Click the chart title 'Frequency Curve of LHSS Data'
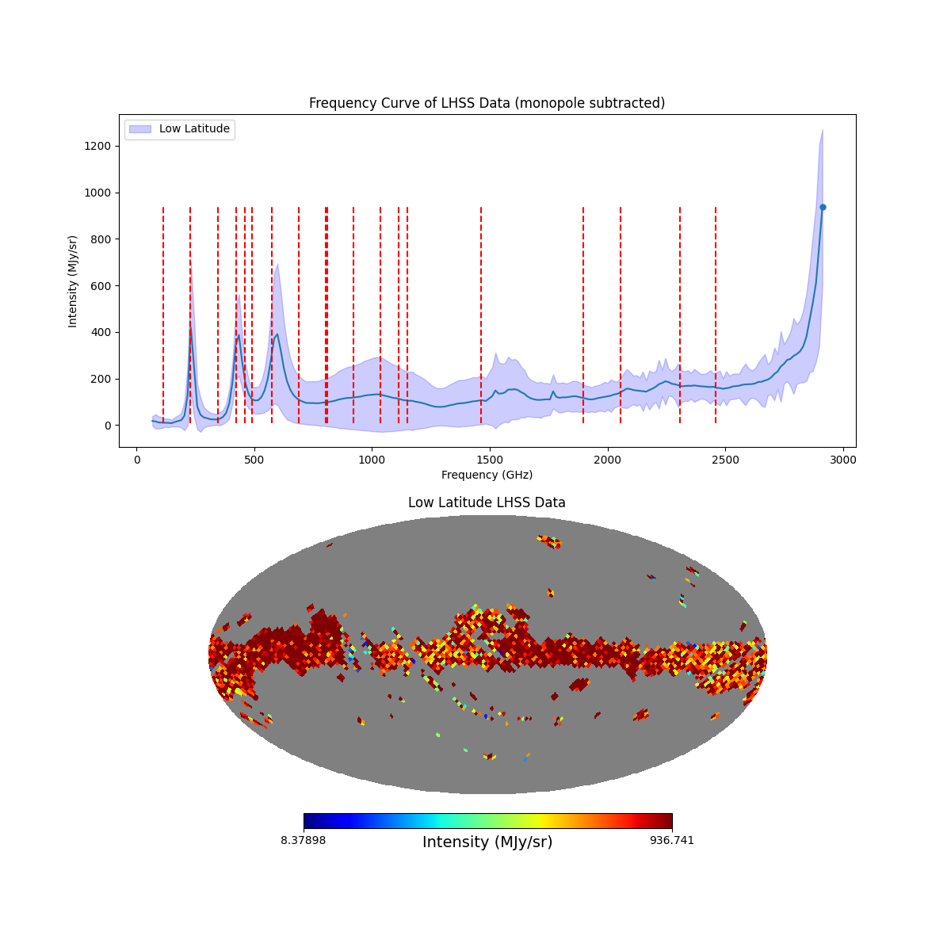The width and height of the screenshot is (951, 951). pos(487,103)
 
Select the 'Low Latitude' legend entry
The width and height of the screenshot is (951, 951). pos(194,129)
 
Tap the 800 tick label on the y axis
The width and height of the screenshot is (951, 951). pos(101,239)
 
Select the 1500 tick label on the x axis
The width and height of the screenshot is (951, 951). pos(490,460)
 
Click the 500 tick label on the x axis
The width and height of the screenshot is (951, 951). pos(254,460)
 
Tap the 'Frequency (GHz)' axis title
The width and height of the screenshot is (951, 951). pos(487,475)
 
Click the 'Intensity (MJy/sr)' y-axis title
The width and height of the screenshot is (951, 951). pos(73,281)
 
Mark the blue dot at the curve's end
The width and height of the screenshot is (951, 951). pos(823,207)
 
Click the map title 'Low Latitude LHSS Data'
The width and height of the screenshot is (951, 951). pos(487,502)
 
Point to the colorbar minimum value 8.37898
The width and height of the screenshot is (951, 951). pos(303,840)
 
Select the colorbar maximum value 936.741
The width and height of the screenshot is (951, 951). pos(672,840)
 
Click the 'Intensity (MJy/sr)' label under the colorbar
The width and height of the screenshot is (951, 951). pos(487,842)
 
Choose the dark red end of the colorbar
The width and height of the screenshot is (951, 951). pos(668,821)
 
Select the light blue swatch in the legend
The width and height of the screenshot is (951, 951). pos(140,129)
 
